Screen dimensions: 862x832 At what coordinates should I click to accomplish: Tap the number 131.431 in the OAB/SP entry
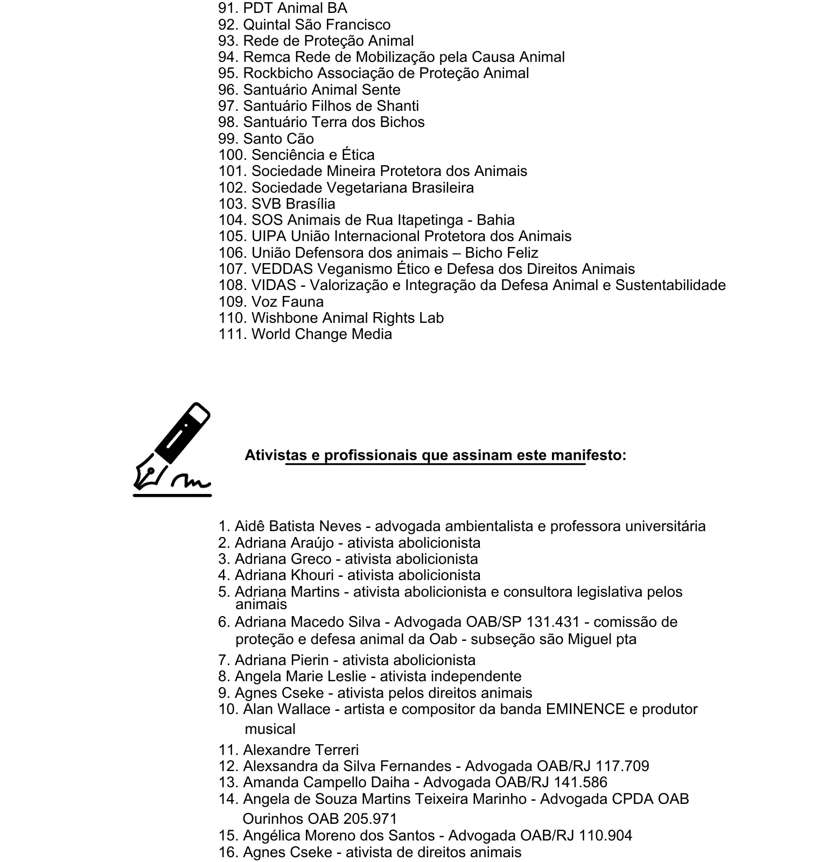pyautogui.click(x=553, y=622)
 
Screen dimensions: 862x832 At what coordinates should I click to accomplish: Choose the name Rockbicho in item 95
pyautogui.click(x=277, y=73)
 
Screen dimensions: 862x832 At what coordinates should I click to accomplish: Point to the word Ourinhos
pyautogui.click(x=272, y=819)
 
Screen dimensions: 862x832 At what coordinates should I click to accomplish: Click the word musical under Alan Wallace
pyautogui.click(x=270, y=729)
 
